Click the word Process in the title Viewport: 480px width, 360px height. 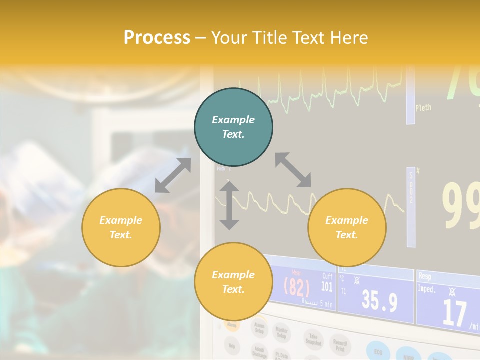(157, 38)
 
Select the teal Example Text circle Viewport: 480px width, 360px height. (233, 127)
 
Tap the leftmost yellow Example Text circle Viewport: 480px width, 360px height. (121, 227)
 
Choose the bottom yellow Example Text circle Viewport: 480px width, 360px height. (233, 282)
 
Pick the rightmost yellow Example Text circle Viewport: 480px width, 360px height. (347, 227)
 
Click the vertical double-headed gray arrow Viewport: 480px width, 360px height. (229, 205)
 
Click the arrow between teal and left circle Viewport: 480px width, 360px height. (173, 175)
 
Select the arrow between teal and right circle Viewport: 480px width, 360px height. (293, 170)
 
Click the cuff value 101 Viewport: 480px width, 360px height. (326, 286)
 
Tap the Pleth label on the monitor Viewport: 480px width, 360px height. (423, 107)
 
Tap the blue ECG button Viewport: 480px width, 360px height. (379, 351)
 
